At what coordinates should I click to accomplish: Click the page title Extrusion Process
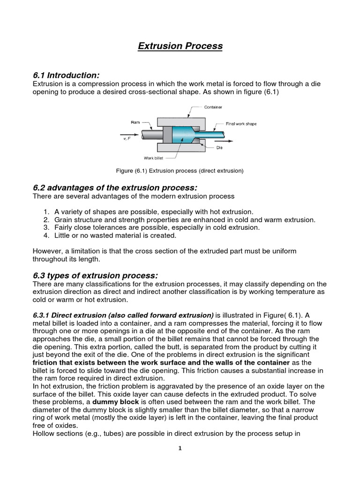pos(180,46)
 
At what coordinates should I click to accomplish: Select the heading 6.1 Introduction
pos(66,75)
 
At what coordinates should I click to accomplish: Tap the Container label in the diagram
pos(213,107)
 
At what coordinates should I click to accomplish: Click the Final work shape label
pos(241,124)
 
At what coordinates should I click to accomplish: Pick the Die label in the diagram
pos(219,148)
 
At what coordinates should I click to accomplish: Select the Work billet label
pos(153,158)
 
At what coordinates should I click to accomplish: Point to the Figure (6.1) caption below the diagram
pos(180,171)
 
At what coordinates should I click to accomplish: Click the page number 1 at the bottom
pos(180,448)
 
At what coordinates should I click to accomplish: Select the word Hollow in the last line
pos(44,434)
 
